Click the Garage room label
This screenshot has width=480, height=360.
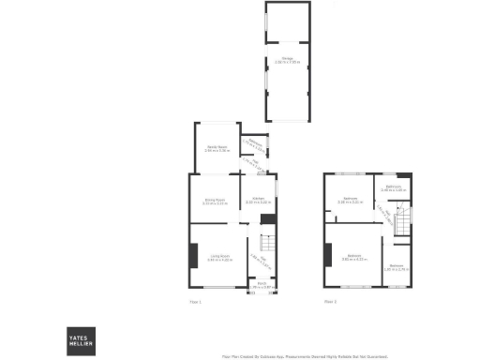tap(287, 60)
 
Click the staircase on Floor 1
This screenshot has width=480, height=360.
tap(266, 247)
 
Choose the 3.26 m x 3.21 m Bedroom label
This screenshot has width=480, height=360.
tap(352, 199)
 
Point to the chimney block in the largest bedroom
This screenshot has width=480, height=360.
tap(328, 254)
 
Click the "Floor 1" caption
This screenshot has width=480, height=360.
tap(196, 301)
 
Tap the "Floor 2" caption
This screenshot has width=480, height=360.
tap(330, 301)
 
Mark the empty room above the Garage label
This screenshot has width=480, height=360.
tap(286, 27)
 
